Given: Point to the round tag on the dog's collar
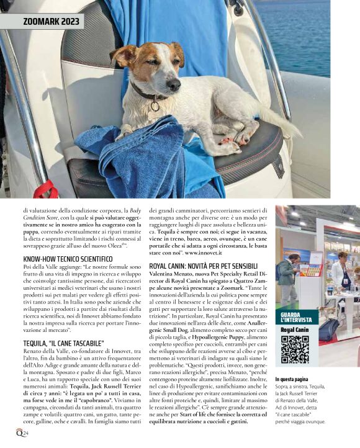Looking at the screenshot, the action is pyautogui.click(x=155, y=105).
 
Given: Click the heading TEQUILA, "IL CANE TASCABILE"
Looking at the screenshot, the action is pyautogui.click(x=63, y=343).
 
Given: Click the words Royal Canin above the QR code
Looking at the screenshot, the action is pyautogui.click(x=294, y=330).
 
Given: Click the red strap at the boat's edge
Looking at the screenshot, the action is pyautogui.click(x=45, y=189).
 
